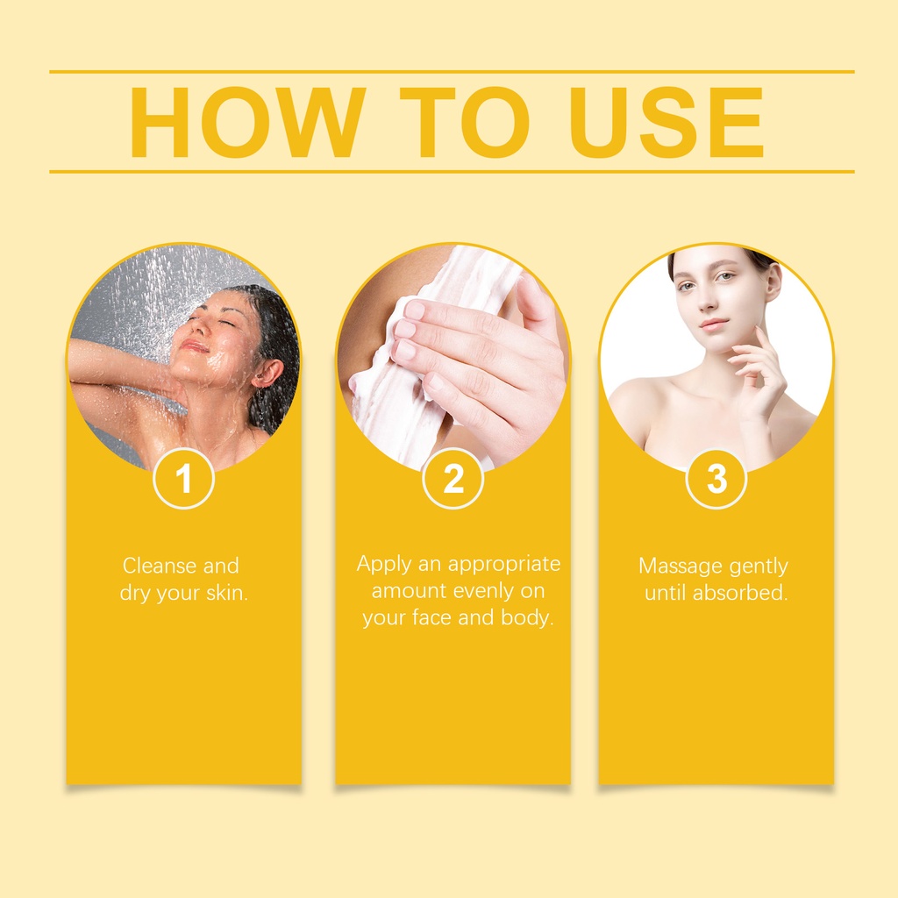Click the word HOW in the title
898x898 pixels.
coord(247,122)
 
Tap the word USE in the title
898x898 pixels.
coord(666,122)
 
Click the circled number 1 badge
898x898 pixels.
coord(184,478)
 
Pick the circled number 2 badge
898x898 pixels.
coord(453,478)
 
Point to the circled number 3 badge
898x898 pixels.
coord(716,478)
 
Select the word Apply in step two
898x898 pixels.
coord(383,565)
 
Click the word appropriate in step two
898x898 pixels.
coord(504,565)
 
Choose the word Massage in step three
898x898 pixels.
coord(673,566)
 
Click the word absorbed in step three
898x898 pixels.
coord(740,592)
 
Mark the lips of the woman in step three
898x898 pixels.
coord(714,324)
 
